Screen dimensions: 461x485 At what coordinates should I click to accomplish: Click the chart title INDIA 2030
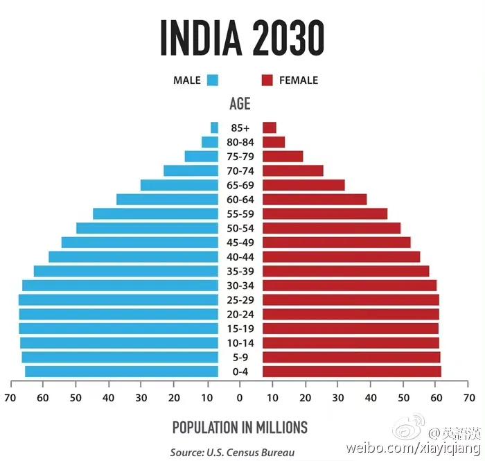click(x=242, y=37)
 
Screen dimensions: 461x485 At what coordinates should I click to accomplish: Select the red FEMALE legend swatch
click(x=267, y=80)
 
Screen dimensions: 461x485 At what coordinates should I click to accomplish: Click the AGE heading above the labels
click(x=240, y=104)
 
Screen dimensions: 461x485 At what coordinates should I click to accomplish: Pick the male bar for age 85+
click(x=215, y=128)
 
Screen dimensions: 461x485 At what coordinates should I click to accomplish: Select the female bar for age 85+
click(x=270, y=128)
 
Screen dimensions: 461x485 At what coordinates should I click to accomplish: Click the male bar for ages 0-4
click(x=121, y=372)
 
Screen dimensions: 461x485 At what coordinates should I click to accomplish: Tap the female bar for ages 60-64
click(x=315, y=200)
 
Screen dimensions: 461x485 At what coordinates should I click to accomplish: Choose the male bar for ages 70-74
click(x=191, y=171)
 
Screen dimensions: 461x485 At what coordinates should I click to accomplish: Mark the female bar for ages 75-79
click(x=283, y=157)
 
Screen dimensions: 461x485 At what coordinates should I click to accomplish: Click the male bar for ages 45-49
click(x=139, y=243)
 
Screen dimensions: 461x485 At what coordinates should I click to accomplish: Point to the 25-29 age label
click(x=240, y=300)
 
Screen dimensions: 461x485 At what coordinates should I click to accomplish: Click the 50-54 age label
click(x=240, y=228)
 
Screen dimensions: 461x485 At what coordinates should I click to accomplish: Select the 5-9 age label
click(x=240, y=358)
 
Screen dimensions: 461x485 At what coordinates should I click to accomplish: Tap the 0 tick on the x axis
click(x=240, y=398)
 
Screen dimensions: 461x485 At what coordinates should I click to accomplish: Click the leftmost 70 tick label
click(x=10, y=398)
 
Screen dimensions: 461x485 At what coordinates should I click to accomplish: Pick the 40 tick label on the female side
click(x=371, y=398)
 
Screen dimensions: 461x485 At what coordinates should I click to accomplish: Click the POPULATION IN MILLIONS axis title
click(x=240, y=427)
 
